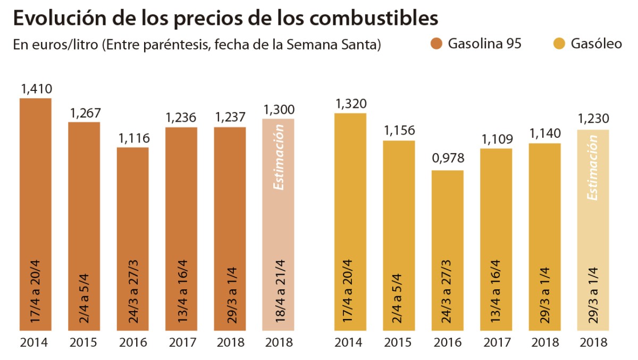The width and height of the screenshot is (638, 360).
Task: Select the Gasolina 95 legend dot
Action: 436,44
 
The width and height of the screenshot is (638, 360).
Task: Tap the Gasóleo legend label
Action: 596,44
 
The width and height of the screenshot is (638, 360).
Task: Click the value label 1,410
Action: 36,89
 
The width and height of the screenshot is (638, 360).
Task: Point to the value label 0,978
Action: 448,158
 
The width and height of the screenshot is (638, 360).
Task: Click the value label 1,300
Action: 279,110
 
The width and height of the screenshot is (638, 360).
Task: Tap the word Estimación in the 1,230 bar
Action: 592,168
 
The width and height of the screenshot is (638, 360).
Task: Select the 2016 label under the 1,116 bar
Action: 133,342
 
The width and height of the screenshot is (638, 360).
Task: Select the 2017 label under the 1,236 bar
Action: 181,342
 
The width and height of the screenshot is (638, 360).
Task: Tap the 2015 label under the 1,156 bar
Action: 398,342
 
